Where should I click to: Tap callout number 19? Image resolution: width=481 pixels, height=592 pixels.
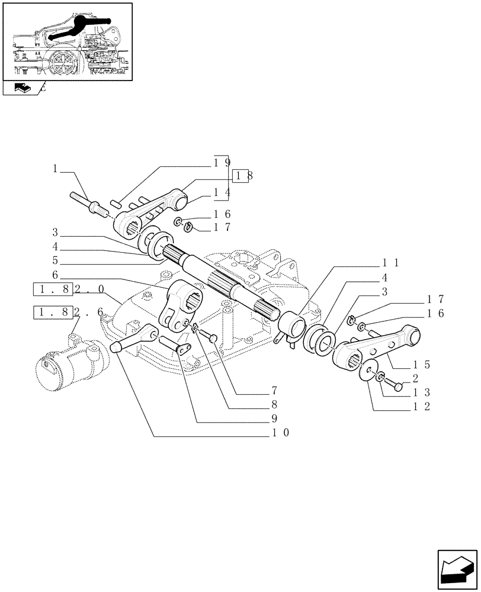click(x=222, y=161)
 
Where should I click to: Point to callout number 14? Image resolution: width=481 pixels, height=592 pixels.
click(x=222, y=192)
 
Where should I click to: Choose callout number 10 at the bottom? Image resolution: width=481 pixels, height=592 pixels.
click(x=281, y=433)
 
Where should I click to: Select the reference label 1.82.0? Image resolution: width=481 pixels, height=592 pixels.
click(x=70, y=289)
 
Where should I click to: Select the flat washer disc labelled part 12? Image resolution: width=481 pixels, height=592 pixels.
click(x=370, y=369)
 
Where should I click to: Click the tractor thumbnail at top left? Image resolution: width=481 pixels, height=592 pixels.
click(x=66, y=41)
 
